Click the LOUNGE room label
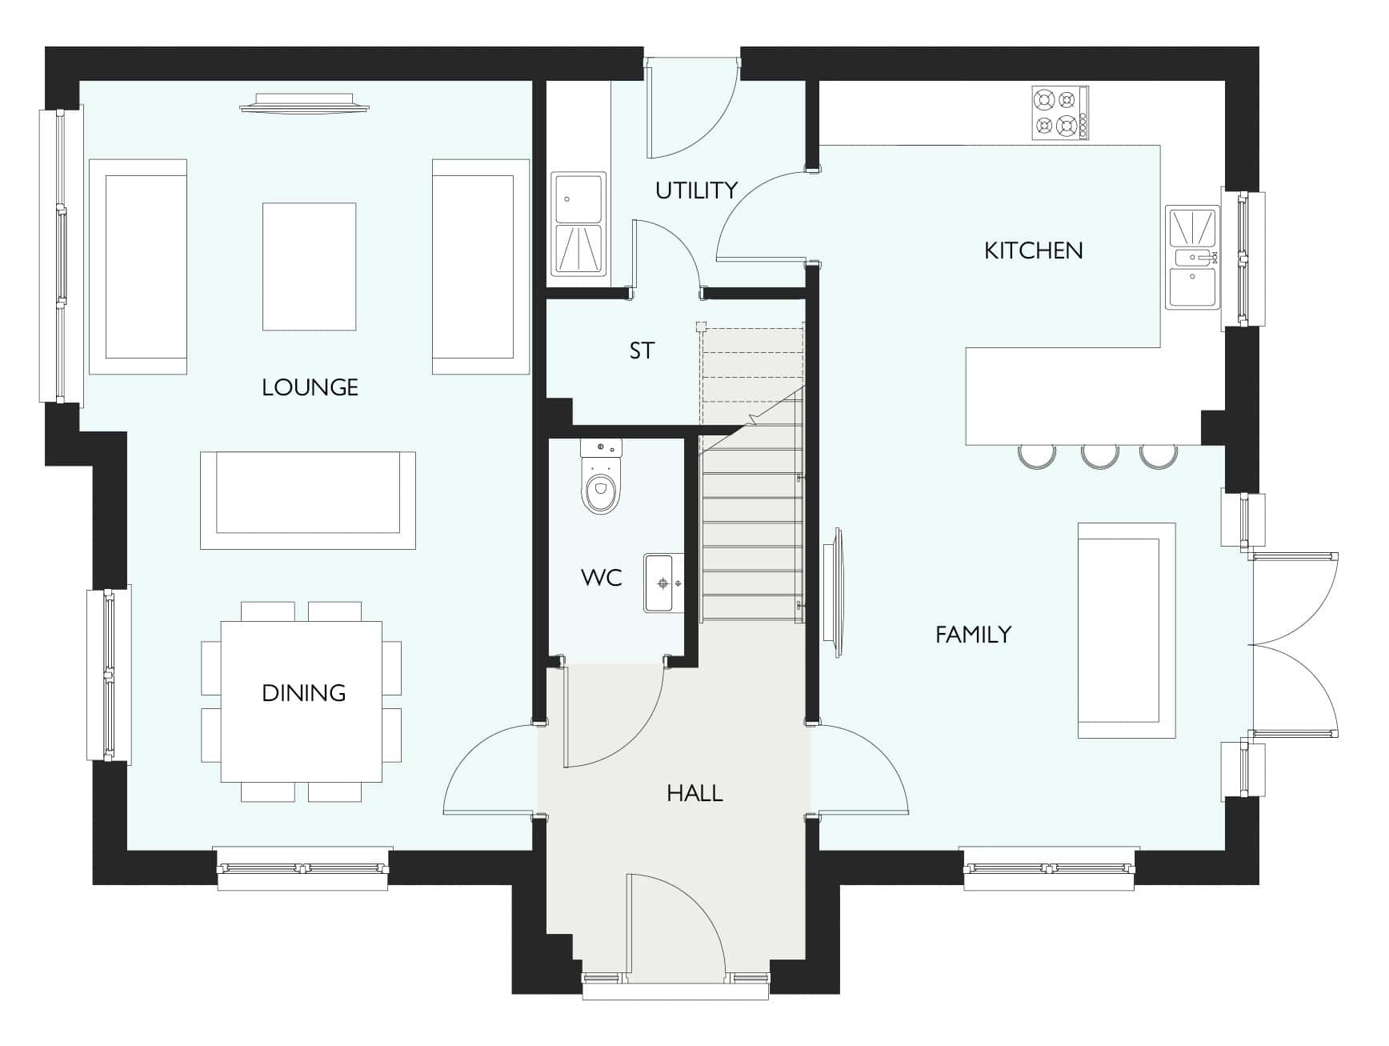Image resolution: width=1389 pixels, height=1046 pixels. tap(310, 387)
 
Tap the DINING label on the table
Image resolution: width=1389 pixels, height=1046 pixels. tap(304, 693)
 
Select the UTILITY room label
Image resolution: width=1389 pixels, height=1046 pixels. tap(696, 190)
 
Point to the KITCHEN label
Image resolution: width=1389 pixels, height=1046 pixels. tap(1034, 250)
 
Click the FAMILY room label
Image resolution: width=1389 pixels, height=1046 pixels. tap(974, 635)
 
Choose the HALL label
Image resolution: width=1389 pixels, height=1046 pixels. tap(694, 793)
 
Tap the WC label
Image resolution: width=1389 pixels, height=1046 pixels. tap(602, 577)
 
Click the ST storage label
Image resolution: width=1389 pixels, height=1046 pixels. tap(642, 351)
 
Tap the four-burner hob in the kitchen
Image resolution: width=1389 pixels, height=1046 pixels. tap(1060, 113)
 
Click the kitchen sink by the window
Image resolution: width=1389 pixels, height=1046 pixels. tap(1192, 257)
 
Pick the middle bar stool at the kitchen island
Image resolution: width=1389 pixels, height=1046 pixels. tap(1099, 455)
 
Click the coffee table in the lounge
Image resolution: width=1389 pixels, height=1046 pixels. tap(310, 267)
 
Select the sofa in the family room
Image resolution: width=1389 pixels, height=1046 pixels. tap(1127, 631)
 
